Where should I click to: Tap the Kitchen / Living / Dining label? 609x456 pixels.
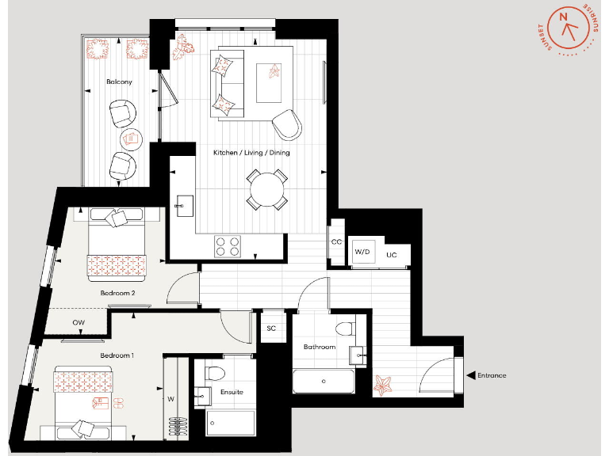pos(251,152)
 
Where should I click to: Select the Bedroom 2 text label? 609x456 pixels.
pos(117,293)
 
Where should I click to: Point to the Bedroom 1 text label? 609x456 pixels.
pos(117,355)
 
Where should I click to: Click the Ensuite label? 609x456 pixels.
pos(232,392)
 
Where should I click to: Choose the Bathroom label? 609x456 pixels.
pos(320,347)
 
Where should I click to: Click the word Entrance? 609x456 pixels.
pos(492,375)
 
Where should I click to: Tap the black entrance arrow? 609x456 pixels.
pos(471,375)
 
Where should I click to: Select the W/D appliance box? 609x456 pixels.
pos(362,253)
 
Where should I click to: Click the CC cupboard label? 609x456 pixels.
pos(337,241)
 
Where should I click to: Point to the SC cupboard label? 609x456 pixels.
pos(271,328)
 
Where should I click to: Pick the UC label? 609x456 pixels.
pos(391,255)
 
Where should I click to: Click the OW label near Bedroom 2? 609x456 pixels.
pos(79,322)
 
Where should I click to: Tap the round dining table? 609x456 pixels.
pos(266,190)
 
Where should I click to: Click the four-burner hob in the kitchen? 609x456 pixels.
pos(228,247)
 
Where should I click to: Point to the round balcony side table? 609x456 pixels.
pos(132,140)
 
